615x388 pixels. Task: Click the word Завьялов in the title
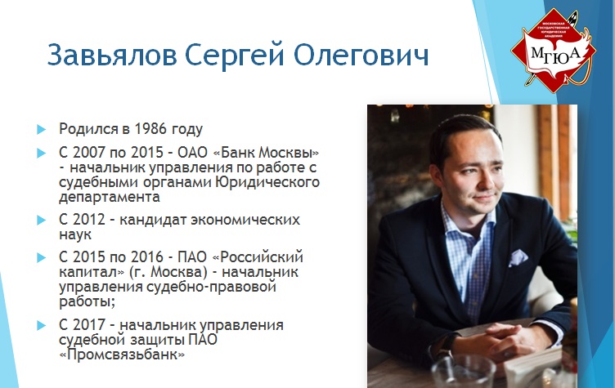pyautogui.click(x=112, y=55)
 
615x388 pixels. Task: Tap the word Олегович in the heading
pyautogui.click(x=361, y=55)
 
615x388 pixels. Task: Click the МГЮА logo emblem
pyautogui.click(x=554, y=51)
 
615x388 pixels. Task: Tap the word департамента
pyautogui.click(x=110, y=197)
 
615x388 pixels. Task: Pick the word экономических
pyautogui.click(x=245, y=220)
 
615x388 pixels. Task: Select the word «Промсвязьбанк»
pyautogui.click(x=122, y=355)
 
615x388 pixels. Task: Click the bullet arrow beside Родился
pyautogui.click(x=41, y=129)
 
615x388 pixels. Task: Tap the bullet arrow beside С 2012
pyautogui.click(x=41, y=220)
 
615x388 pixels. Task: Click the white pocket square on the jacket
pyautogui.click(x=518, y=257)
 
